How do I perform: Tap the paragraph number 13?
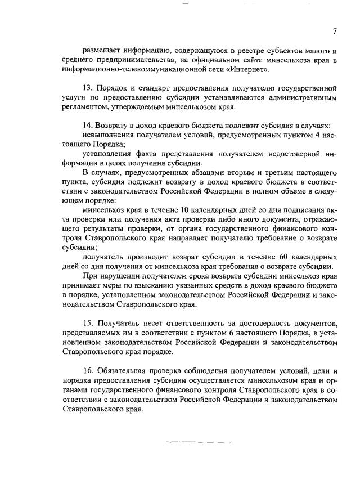coord(87,88)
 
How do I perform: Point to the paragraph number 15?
coord(87,324)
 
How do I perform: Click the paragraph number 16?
coord(87,371)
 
